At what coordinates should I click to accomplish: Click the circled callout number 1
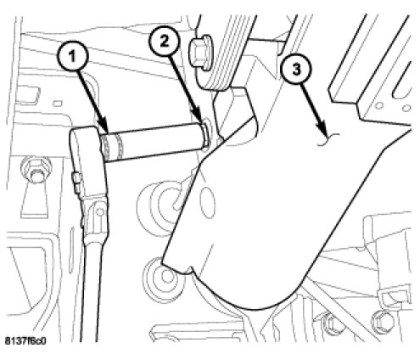[73, 57]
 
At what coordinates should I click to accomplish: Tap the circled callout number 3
[296, 70]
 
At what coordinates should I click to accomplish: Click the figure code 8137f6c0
[25, 341]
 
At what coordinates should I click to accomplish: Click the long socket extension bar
[154, 143]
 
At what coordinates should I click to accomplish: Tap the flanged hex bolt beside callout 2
[202, 53]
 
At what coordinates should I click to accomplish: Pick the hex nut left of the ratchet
[36, 169]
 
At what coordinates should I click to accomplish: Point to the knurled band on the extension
[114, 146]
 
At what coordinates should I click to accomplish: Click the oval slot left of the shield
[208, 203]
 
